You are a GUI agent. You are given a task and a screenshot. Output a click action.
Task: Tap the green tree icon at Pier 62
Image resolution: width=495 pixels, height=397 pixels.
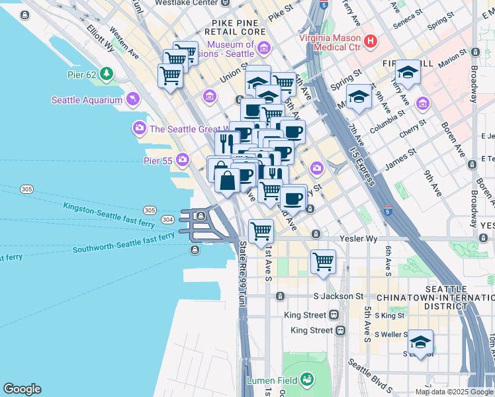107,74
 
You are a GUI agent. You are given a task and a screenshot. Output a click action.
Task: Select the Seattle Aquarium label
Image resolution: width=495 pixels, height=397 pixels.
87,100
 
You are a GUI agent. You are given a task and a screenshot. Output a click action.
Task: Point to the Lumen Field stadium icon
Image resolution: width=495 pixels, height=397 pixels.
306,380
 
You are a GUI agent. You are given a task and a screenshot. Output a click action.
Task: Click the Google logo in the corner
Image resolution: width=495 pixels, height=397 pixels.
22,389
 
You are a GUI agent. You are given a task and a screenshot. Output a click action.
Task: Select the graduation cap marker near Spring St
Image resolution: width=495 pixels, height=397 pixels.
359,97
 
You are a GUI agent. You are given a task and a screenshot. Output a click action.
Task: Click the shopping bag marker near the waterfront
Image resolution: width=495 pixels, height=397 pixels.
227,181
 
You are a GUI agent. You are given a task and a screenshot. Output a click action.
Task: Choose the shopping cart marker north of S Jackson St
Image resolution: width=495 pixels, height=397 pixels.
323,261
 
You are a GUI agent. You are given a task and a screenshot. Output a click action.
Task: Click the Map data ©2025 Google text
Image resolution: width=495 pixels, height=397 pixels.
454,392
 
